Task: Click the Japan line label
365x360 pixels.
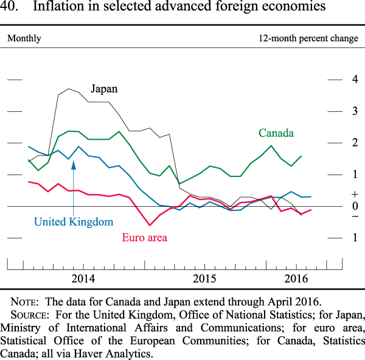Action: tap(104, 89)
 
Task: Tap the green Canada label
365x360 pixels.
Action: tap(276, 133)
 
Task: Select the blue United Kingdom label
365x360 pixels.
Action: tap(74, 222)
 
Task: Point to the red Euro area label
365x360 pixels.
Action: tap(144, 237)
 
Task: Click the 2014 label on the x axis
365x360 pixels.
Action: tap(83, 279)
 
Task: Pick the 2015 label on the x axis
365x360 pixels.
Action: tap(205, 279)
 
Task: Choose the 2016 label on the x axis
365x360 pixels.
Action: tap(296, 279)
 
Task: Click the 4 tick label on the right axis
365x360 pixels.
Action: tap(355, 80)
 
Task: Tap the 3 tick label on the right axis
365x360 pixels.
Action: tap(355, 111)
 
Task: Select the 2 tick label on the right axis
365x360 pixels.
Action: tap(355, 143)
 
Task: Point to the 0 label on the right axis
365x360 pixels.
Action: tap(355, 206)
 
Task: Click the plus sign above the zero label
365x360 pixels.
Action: tap(355, 195)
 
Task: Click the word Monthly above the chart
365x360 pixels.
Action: tap(24, 38)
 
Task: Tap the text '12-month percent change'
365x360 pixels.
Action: tap(308, 38)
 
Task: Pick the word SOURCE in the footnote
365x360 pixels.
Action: tap(30, 314)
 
